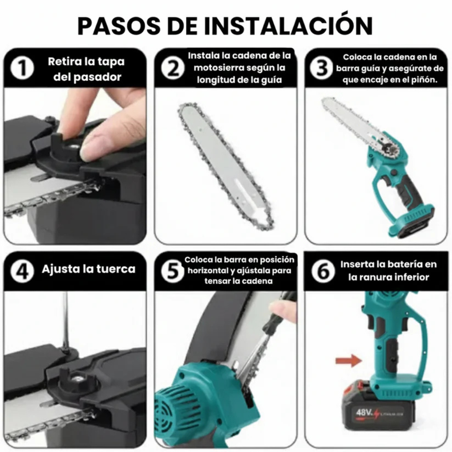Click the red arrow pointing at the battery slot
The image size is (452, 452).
click(349, 360)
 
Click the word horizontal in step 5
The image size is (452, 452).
click(208, 270)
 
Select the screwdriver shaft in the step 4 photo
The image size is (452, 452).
click(65, 318)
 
